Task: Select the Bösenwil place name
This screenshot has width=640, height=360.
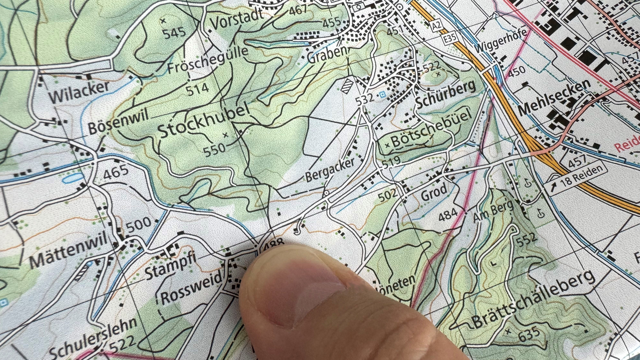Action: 118,121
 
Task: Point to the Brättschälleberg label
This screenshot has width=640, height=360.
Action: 533,299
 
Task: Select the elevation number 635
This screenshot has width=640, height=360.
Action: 529,334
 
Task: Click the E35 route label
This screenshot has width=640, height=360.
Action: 450,38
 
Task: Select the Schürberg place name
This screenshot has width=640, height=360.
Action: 445,94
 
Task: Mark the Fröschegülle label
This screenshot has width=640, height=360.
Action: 207,60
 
